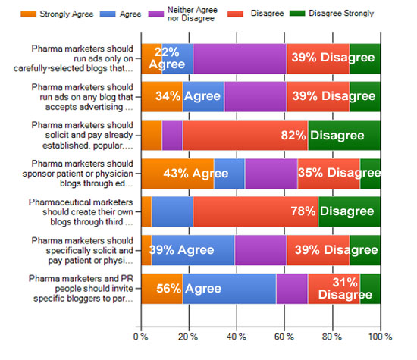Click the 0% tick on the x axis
140,335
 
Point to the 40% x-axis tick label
236,335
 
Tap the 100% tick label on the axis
380,335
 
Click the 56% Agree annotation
187,288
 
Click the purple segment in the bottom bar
292,288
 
